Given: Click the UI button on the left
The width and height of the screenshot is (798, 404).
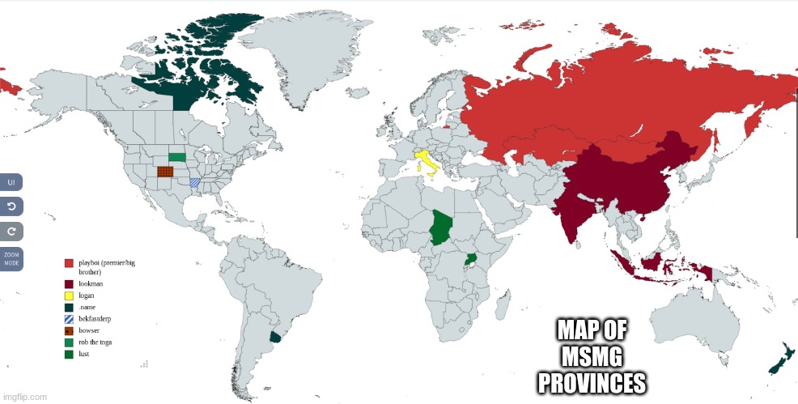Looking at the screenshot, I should (x=11, y=182).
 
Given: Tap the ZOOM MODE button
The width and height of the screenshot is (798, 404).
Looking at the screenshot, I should (x=11, y=258).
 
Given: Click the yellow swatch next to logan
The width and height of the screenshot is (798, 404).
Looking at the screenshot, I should (x=69, y=296).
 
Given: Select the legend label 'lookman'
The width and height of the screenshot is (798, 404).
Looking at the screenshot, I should (x=91, y=284).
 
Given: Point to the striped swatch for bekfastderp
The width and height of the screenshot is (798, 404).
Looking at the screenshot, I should (x=69, y=319).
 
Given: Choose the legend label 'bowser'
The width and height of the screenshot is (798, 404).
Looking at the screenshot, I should (x=89, y=330).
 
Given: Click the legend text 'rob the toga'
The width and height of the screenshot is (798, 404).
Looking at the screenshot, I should (x=96, y=342).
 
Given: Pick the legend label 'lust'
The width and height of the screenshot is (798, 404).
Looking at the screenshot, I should (x=84, y=354).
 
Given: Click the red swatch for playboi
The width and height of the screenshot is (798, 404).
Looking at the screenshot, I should (x=69, y=264).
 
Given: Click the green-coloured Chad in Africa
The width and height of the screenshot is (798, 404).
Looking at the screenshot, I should (x=440, y=226).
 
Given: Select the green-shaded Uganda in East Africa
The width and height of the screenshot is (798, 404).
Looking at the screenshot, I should (x=469, y=261).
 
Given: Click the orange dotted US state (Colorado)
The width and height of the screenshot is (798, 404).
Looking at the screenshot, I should (x=165, y=172).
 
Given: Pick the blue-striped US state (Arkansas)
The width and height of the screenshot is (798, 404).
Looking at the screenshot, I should (x=195, y=182).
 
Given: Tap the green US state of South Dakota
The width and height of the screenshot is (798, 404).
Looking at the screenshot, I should (x=176, y=156).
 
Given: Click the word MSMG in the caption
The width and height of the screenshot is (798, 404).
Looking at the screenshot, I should (x=592, y=356).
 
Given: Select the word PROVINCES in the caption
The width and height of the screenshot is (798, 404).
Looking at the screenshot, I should (x=592, y=381).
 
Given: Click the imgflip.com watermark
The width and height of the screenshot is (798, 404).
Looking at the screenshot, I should (x=24, y=397).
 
